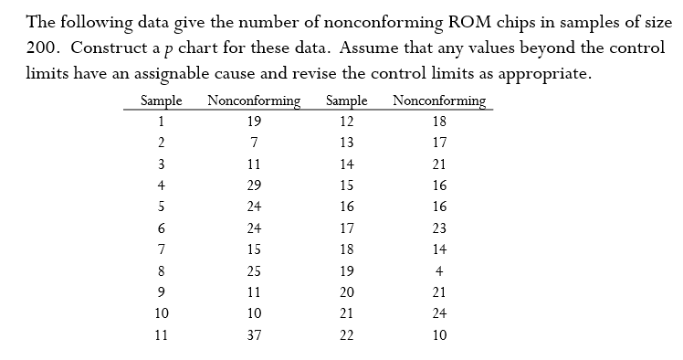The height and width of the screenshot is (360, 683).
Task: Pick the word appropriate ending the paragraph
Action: [541, 75]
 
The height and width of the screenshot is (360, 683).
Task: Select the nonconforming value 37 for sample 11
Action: [255, 335]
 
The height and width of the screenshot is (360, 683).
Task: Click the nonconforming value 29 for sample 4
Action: [255, 185]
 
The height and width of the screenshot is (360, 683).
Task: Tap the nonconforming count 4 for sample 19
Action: [439, 270]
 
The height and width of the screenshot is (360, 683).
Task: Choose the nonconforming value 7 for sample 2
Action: [255, 143]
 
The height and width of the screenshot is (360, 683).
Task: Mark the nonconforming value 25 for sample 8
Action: [255, 270]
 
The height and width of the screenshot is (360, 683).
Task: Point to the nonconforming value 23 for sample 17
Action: [439, 228]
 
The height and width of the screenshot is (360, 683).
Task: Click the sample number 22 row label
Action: [346, 335]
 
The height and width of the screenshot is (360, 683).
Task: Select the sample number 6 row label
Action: [161, 228]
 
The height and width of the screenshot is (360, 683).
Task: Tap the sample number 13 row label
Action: [346, 143]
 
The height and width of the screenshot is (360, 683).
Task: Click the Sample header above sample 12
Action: [346, 101]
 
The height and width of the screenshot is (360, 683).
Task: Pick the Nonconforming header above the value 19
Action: [255, 101]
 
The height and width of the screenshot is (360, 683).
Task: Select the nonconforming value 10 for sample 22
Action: [439, 335]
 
